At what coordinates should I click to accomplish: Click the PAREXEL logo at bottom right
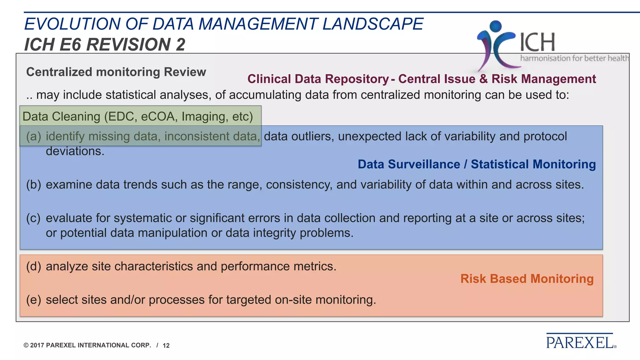tap(581, 342)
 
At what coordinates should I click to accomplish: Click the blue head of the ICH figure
tap(496, 26)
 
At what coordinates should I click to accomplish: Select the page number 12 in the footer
tap(166, 345)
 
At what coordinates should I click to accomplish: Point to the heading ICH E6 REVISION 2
tap(105, 44)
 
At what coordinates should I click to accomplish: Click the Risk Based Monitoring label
tap(527, 278)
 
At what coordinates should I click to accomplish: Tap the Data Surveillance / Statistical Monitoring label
tap(477, 164)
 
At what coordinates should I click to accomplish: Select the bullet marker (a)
tap(34, 136)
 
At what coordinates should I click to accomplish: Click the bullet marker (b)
tap(34, 184)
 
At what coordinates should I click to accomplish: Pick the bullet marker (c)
tap(34, 218)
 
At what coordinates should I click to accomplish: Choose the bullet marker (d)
tap(34, 266)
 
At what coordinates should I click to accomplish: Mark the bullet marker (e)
tap(34, 300)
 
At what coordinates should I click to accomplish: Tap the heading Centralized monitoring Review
tap(116, 72)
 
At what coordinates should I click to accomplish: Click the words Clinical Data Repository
tap(318, 79)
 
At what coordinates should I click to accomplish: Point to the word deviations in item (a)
tap(75, 151)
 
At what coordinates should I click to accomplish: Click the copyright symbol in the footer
tap(26, 345)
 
